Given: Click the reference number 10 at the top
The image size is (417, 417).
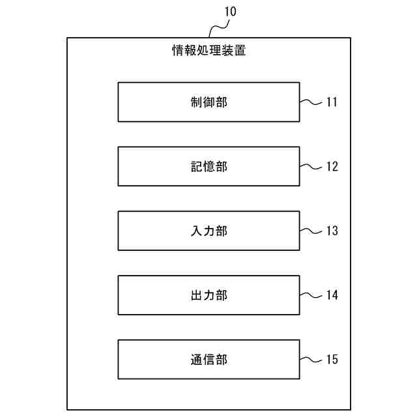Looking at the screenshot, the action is pos(231,11).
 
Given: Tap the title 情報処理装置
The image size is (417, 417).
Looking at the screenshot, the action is pos(208,50).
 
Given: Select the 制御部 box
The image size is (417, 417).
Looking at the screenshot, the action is pos(208,102).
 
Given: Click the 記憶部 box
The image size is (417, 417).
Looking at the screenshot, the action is pos(208,166).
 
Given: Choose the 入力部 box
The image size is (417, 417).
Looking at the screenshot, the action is pos(208,231).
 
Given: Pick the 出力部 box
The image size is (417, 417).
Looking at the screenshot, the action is pos(208,295).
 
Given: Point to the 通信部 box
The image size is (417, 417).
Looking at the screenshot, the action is pos(208,360).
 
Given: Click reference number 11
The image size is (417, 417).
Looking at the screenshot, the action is pos(332,102).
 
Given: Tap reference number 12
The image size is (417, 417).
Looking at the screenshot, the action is pos(332,166).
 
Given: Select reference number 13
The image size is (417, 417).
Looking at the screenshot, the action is pos(332,231).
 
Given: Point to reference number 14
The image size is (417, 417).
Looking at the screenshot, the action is pos(332,295).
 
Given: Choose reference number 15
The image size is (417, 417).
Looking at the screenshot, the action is pos(332,360).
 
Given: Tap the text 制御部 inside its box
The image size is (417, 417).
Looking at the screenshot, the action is pos(208,102).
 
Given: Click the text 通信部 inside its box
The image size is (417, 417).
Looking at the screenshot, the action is pos(208,360).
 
